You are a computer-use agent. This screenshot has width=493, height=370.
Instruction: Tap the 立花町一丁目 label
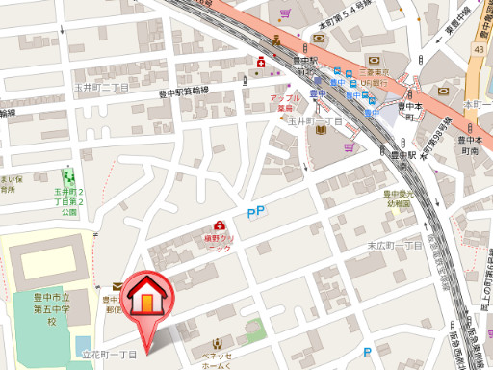coord(111,356)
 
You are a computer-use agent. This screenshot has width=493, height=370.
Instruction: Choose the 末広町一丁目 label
coord(394,245)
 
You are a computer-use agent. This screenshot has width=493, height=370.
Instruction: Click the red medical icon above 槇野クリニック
coord(219,225)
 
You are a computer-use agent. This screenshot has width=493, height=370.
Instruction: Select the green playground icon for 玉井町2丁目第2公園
coord(68,177)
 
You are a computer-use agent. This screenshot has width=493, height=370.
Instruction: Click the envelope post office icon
coord(117,285)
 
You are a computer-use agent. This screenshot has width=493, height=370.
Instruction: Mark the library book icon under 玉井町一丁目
coord(319,130)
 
